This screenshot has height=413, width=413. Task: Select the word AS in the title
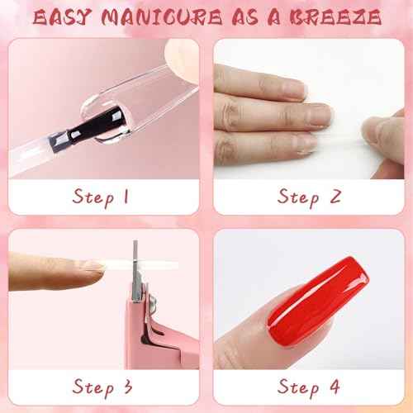point(238,16)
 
